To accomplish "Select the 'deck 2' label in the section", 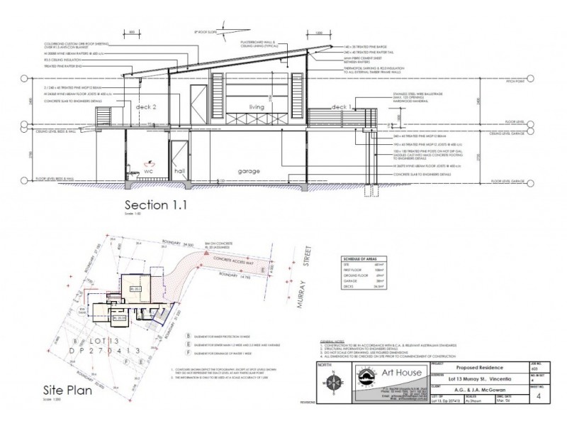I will (x=146, y=106).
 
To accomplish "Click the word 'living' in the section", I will (x=255, y=108).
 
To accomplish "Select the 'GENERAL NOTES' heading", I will (x=332, y=342).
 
